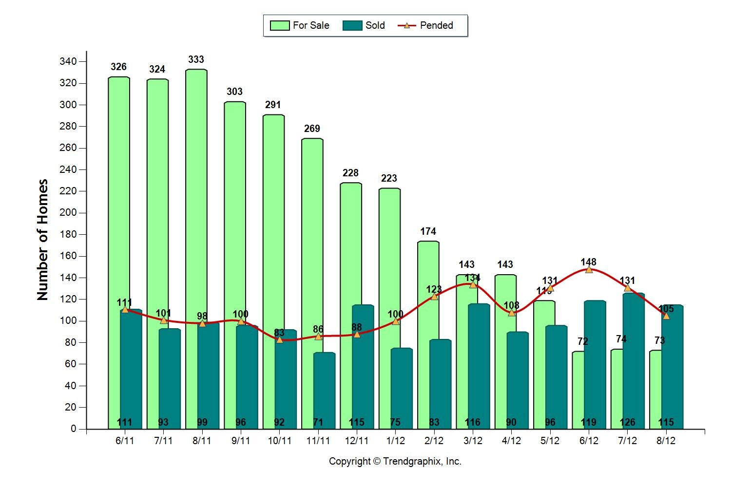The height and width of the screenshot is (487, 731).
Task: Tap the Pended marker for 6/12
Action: click(589, 269)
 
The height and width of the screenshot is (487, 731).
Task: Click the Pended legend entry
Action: click(426, 25)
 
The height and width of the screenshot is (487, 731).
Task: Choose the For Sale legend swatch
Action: click(280, 25)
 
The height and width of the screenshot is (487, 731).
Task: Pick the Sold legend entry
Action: click(364, 25)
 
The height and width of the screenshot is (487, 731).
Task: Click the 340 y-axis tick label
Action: click(68, 61)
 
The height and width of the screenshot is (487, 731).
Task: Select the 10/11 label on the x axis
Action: click(279, 441)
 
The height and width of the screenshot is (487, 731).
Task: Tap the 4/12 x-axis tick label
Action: click(511, 441)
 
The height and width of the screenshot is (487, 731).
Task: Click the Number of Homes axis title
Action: click(43, 240)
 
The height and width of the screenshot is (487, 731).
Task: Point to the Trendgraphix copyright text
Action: click(395, 461)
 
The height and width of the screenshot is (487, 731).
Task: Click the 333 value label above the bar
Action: click(196, 59)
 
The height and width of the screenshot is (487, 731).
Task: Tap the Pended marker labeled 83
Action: click(279, 339)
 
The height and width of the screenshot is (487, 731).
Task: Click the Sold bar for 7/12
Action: click(634, 365)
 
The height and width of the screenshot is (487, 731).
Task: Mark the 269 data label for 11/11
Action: click(312, 129)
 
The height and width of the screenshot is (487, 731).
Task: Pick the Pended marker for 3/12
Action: click(473, 284)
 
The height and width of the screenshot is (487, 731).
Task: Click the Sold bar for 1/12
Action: click(402, 390)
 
